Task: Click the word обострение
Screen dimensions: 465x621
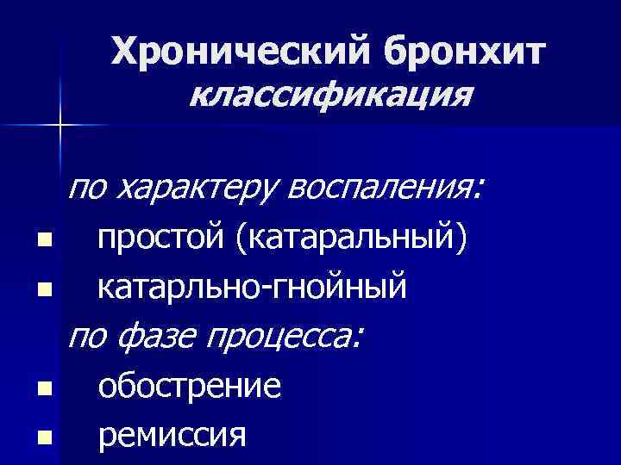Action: (x=190, y=385)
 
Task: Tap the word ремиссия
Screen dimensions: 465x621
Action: (x=172, y=434)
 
